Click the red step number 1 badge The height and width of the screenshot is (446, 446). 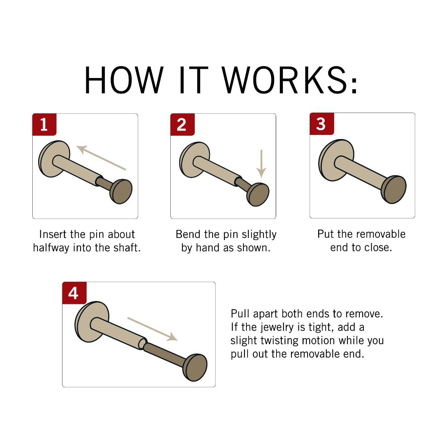[44, 124]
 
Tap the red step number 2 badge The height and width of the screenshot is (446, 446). [182, 124]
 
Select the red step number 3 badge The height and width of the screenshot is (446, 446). [322, 124]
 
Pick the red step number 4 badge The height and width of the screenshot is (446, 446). [74, 293]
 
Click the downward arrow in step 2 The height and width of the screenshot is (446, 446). [261, 164]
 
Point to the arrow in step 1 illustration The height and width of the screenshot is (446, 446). [101, 158]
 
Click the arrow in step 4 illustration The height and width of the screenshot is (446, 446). [153, 329]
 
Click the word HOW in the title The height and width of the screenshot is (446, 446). [124, 80]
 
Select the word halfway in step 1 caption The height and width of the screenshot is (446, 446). [51, 248]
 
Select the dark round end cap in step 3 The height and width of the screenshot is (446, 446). [394, 189]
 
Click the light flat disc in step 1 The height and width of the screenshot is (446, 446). [54, 159]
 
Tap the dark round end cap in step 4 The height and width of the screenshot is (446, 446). [195, 367]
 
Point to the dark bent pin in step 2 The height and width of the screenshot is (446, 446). [242, 183]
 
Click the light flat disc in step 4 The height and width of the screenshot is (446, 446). [92, 322]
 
